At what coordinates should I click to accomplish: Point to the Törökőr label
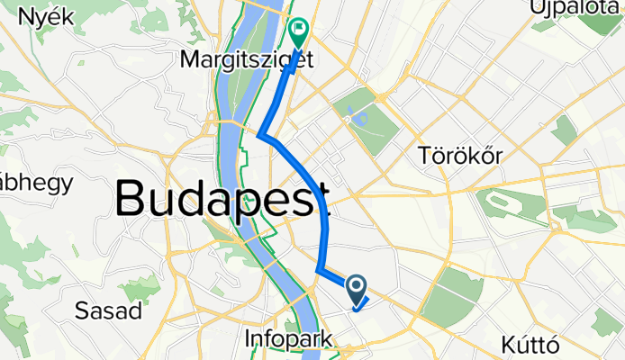coord(460,156)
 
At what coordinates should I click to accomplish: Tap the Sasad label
coord(109,311)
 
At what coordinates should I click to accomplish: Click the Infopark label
coord(287,339)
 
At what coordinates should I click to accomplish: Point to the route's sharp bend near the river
coord(260,137)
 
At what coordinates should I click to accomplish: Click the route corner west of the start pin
coord(319,269)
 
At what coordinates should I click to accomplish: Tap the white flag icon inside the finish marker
coord(297,29)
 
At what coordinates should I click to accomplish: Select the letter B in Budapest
coord(131,197)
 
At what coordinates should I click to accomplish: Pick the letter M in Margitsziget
coord(189,60)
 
